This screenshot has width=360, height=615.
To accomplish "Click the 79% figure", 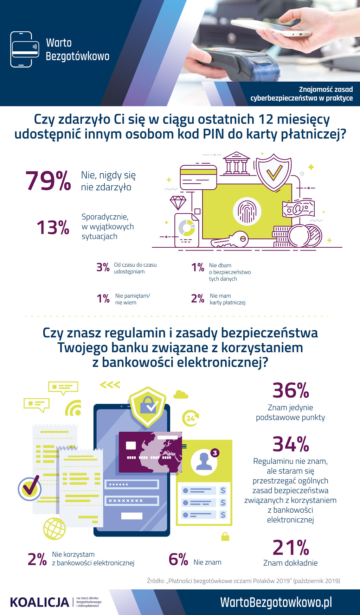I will click(48, 181).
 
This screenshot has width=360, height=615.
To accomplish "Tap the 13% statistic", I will click(53, 227).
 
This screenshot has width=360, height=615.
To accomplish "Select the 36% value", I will click(291, 391).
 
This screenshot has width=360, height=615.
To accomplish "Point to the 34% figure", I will click(291, 444).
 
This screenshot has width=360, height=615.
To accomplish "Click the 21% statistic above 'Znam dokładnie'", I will click(291, 547).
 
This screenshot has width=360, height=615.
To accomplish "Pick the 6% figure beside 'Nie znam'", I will click(178, 559).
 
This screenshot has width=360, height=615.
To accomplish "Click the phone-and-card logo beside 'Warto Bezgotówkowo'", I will click(24, 49).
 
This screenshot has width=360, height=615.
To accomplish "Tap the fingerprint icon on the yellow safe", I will click(247, 211).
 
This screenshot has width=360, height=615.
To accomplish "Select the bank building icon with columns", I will click(236, 163).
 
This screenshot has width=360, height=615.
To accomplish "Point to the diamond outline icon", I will click(178, 203).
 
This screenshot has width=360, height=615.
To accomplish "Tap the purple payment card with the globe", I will click(150, 452).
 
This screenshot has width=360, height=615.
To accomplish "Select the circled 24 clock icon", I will click(190, 418).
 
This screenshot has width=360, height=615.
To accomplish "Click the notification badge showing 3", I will click(215, 453).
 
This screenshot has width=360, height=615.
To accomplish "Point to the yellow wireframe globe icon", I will click(54, 528).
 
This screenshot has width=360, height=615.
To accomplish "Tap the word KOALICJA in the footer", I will click(40, 602).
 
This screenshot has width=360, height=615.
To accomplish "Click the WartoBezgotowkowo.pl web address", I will click(276, 602).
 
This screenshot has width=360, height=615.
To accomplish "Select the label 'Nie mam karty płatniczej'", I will click(227, 299).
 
